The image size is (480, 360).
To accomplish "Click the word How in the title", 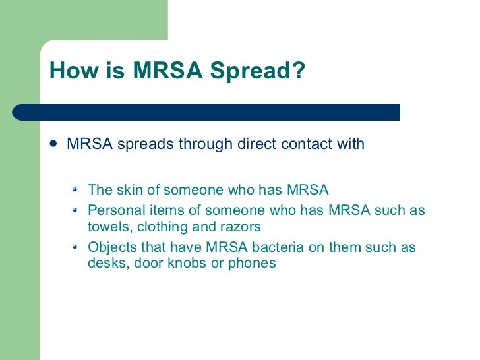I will click(x=69, y=72).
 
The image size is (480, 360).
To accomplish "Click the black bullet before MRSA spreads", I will click(x=54, y=144).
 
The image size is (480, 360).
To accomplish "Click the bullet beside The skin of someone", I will click(x=75, y=190).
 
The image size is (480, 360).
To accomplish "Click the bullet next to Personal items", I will click(x=75, y=210).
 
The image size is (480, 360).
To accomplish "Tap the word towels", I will click(x=107, y=227).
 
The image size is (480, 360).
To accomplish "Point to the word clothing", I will click(x=161, y=227).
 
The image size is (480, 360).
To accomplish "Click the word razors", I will click(x=240, y=227).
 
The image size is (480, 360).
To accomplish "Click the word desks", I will click(x=106, y=264).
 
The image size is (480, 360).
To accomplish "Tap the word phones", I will click(x=250, y=264).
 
